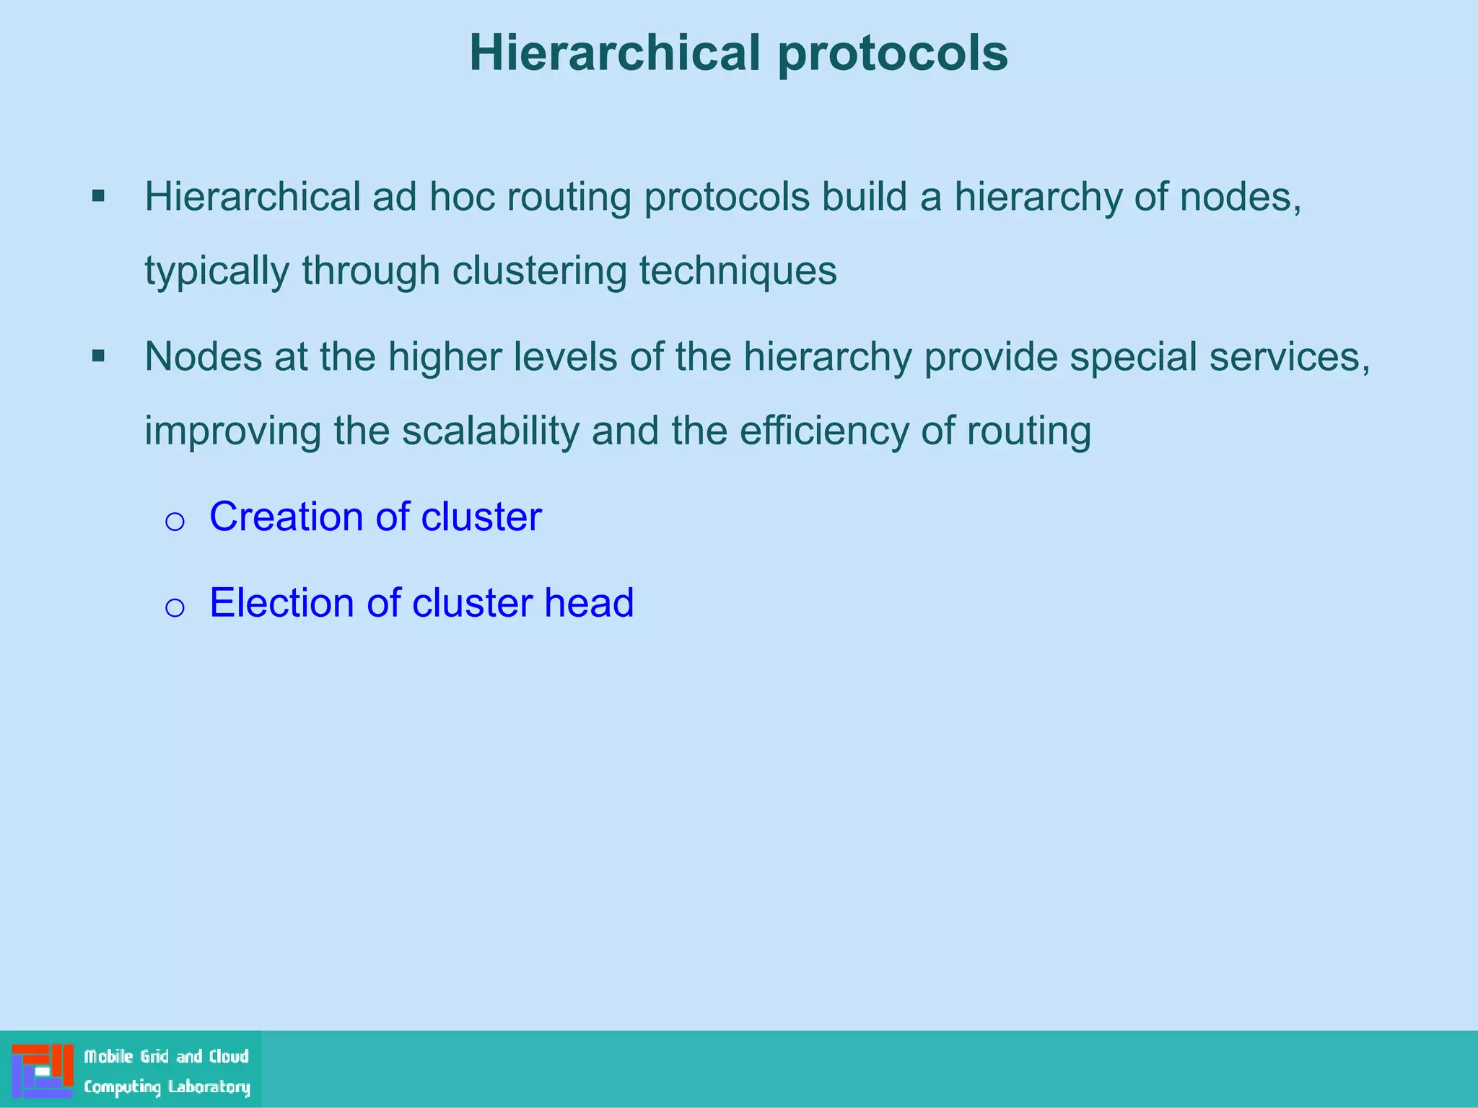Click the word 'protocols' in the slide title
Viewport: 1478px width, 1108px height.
point(893,54)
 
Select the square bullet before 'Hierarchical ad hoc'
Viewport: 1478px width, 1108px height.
point(99,195)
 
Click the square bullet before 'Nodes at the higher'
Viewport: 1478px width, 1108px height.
point(99,356)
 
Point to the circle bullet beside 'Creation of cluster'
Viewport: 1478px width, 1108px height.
point(175,521)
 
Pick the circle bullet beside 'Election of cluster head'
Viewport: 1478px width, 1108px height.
point(175,607)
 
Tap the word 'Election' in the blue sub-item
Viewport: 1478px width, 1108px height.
point(281,602)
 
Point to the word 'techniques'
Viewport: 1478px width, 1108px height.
point(738,271)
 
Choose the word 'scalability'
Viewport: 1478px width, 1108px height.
point(491,431)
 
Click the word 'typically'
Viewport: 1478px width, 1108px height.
point(217,271)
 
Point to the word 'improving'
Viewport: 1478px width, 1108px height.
point(232,431)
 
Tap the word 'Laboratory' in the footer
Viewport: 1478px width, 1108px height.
point(209,1087)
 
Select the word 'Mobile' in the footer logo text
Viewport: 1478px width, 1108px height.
point(108,1057)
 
